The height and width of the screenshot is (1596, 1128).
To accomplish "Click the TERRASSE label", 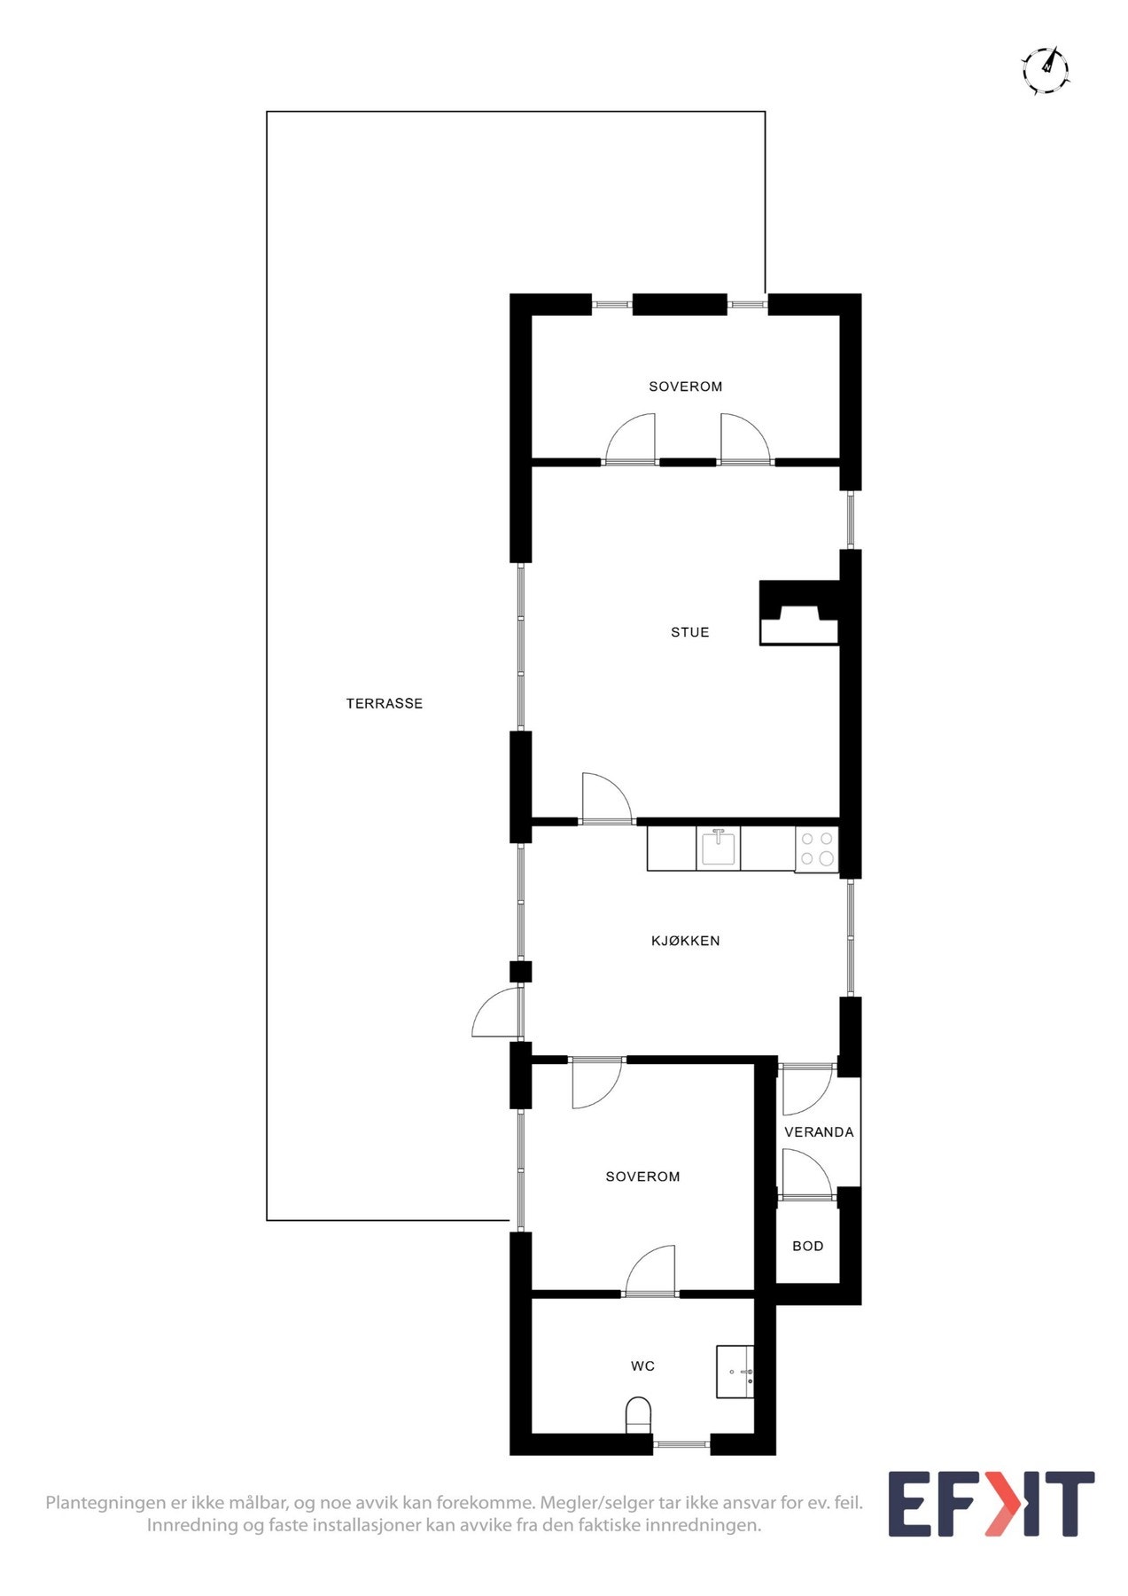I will [x=384, y=703].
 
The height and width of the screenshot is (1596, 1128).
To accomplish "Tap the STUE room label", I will [x=689, y=632].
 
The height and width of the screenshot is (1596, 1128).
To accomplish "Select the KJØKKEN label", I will [x=685, y=941].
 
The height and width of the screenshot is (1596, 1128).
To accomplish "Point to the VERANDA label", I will [x=819, y=1132].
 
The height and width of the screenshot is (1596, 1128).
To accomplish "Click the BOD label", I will [x=807, y=1246].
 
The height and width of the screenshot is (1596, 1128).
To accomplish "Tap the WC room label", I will [x=642, y=1366].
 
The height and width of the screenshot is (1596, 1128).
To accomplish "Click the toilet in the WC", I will [x=638, y=1413].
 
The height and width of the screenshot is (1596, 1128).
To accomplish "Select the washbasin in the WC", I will [x=735, y=1372].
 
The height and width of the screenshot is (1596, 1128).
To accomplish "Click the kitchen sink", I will [x=718, y=848].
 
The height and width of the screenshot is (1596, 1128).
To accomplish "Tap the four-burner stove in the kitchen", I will [x=816, y=849].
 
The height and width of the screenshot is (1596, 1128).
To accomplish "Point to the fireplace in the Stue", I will [x=798, y=613].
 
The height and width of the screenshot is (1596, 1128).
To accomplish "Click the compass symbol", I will [x=1046, y=70].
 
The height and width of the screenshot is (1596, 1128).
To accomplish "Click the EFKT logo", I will [x=991, y=1504].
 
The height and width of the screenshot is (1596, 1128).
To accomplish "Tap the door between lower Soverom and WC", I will [x=650, y=1273].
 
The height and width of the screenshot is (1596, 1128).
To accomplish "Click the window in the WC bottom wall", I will [x=681, y=1444].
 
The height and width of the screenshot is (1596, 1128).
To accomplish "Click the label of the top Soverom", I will [x=685, y=387].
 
